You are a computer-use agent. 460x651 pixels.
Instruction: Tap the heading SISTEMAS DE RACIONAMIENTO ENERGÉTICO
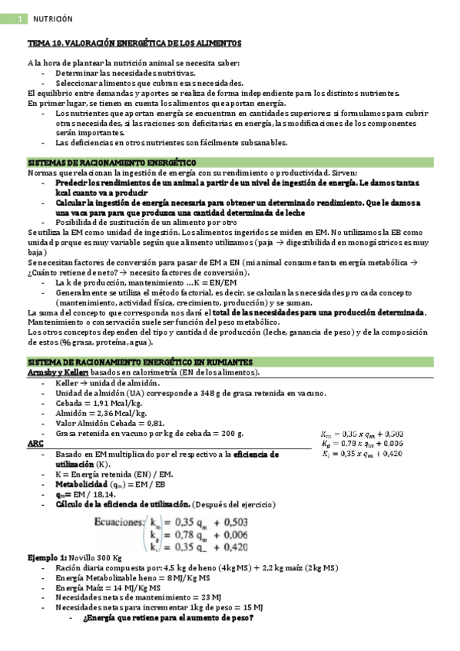coord(111,163)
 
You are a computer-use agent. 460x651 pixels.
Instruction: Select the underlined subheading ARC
coord(35,444)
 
